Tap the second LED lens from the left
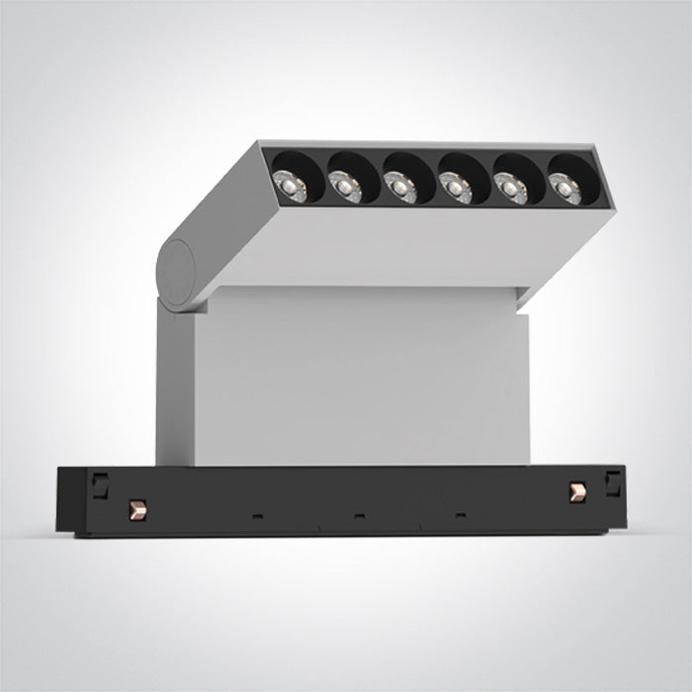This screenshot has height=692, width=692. click(345, 182)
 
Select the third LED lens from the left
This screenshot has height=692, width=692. click(398, 183)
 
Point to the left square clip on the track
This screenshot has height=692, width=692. click(99, 483)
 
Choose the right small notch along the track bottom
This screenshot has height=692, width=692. click(461, 515)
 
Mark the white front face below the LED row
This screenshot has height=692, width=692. click(425, 247)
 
